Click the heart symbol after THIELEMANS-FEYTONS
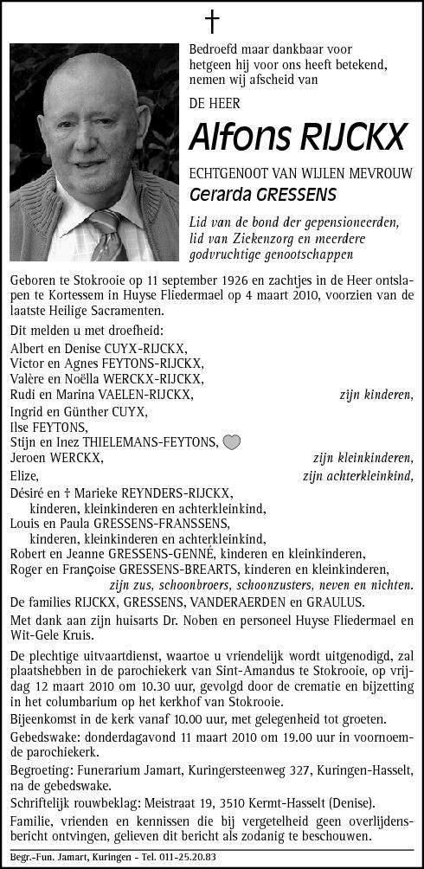[231, 442]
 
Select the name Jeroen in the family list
[30, 459]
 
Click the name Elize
[24, 474]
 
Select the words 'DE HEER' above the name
[216, 102]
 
